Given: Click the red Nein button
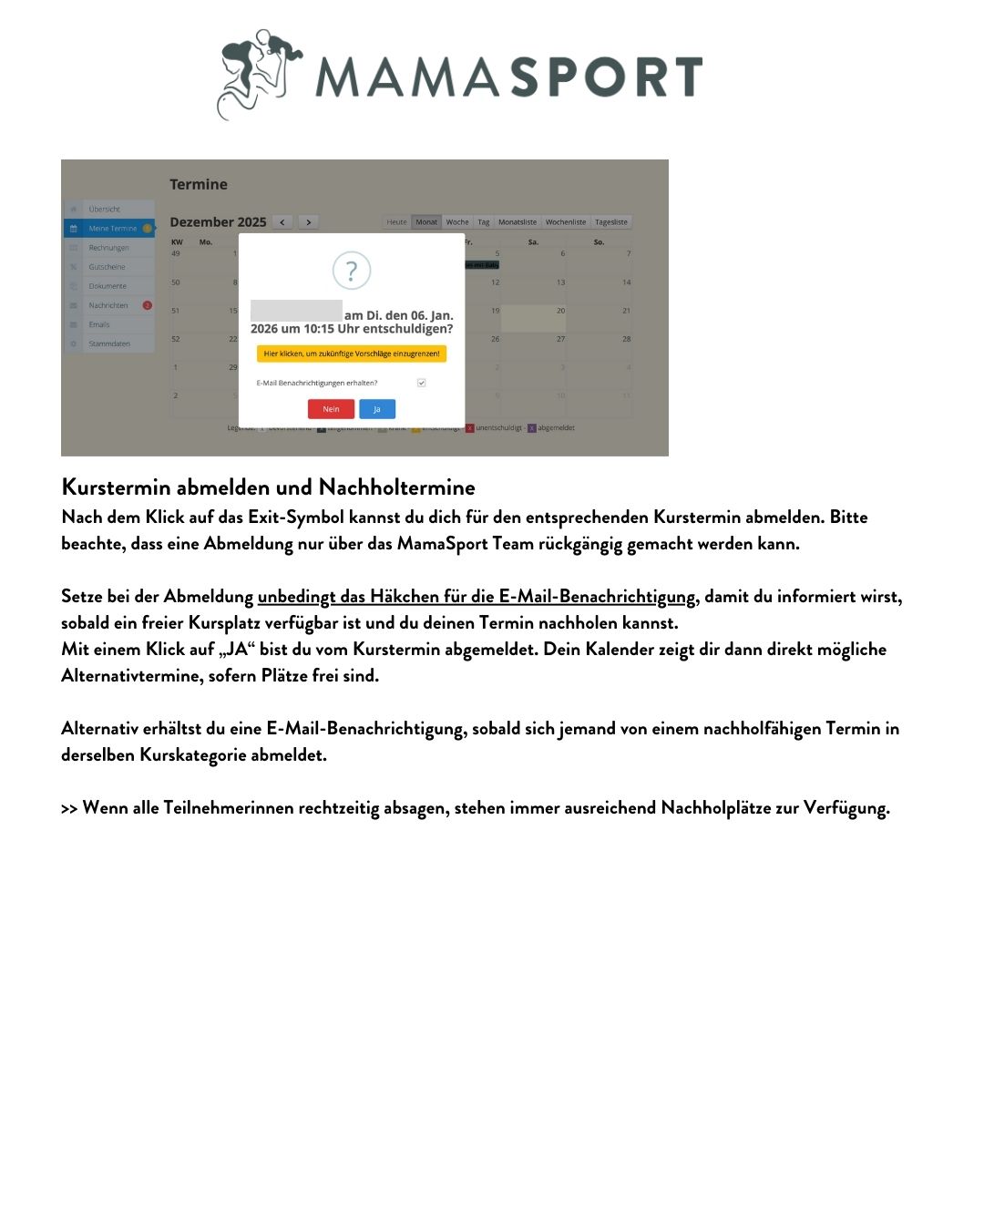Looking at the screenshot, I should click(331, 409).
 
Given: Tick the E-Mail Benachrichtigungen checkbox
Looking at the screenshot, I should click(421, 383).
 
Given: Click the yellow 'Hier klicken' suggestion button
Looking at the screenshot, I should click(352, 354).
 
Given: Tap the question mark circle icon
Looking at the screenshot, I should click(352, 271).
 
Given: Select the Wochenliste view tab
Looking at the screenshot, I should click(566, 222).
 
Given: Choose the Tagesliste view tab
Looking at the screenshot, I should click(610, 222).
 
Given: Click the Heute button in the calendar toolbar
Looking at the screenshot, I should click(396, 222).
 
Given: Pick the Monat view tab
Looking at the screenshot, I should click(426, 222).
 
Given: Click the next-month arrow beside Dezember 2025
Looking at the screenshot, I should click(309, 222).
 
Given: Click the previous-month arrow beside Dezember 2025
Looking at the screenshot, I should click(282, 222).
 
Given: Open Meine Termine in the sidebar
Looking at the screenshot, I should click(112, 229).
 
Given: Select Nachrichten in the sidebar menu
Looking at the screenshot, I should click(108, 305).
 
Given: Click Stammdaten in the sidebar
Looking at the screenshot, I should click(109, 343).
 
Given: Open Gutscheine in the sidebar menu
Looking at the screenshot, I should click(107, 267).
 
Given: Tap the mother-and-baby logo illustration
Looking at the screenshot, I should click(259, 73).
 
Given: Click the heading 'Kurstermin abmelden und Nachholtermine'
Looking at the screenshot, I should click(268, 487).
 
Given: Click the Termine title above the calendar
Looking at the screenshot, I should click(199, 185).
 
